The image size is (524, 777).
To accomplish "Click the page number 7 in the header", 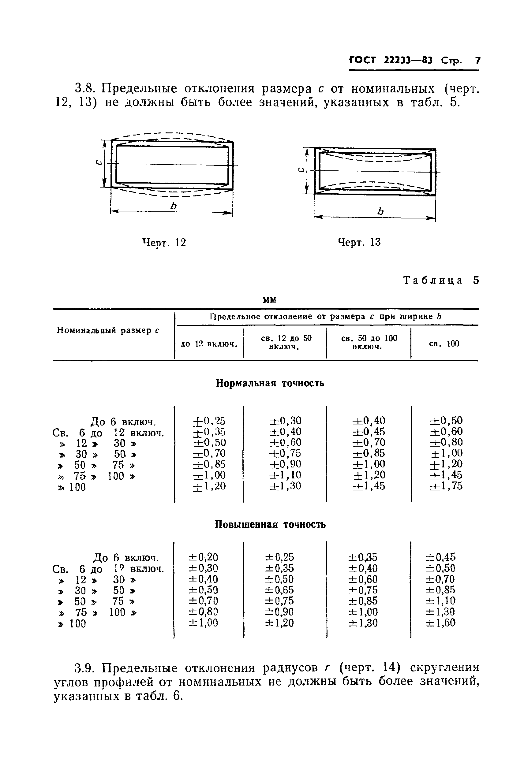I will [477, 61].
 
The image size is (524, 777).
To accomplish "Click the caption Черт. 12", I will [164, 242].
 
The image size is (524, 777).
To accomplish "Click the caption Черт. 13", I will [359, 242].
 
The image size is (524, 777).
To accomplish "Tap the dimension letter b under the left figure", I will [173, 206].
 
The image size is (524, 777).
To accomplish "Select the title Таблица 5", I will [441, 280].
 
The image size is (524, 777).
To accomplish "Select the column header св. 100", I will [444, 344].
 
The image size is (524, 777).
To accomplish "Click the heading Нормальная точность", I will [270, 383].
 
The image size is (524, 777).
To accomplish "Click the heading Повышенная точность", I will [270, 525].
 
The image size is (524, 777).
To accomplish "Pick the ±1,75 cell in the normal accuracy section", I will [446, 486].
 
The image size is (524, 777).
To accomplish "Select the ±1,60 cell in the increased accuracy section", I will [440, 623].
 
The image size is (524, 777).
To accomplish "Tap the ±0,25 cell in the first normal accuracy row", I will [209, 421].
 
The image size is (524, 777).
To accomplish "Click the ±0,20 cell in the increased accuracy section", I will [203, 557].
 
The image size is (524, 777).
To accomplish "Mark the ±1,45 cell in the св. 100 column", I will [446, 475].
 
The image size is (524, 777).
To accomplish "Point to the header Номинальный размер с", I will [108, 331].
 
